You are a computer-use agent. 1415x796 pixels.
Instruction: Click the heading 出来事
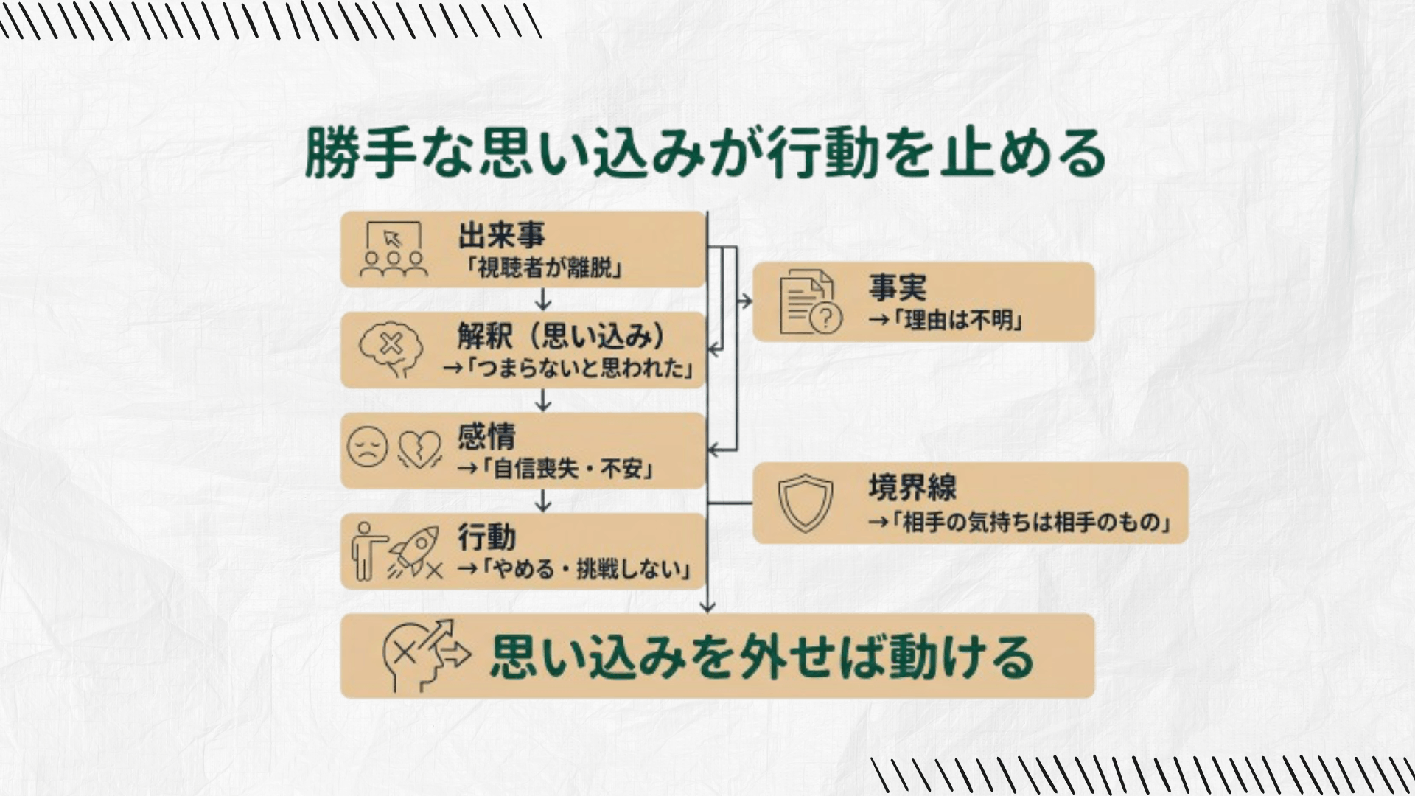(501, 236)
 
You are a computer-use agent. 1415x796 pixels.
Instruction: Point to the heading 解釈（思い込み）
(560, 337)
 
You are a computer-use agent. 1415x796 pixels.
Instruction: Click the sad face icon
(368, 447)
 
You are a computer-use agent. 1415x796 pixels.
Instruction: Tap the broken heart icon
(419, 449)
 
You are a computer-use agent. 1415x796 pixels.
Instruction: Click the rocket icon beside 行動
(414, 550)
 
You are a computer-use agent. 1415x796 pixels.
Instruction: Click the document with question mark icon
(809, 302)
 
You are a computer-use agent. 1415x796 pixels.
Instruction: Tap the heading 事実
(897, 287)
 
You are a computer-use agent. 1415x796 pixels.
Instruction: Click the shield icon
(806, 503)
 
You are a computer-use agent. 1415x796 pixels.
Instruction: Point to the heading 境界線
(912, 487)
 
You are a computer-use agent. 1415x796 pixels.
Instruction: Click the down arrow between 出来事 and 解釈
(543, 299)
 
